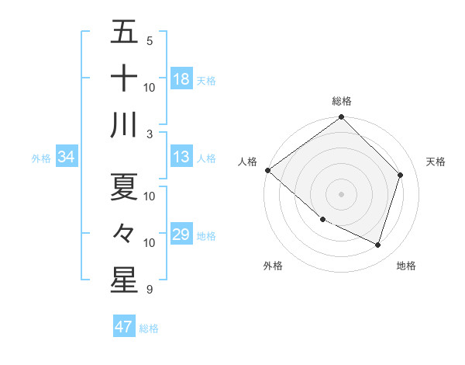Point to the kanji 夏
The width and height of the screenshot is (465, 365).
click(x=125, y=186)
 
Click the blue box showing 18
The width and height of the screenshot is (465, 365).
click(x=181, y=79)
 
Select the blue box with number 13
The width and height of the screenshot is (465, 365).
click(x=181, y=157)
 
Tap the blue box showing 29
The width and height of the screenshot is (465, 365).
click(x=181, y=235)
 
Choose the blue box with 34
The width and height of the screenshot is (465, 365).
click(x=66, y=157)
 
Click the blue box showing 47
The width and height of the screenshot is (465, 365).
click(x=124, y=327)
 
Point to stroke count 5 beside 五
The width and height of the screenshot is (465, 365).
click(x=150, y=40)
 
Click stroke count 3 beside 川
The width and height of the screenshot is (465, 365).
click(x=150, y=133)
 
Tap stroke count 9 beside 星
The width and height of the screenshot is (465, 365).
click(x=150, y=290)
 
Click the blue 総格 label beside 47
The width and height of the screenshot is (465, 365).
click(x=149, y=328)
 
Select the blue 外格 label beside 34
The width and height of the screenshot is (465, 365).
click(x=41, y=158)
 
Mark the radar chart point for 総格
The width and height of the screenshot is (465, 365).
click(x=341, y=118)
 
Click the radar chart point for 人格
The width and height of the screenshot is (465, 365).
click(x=267, y=170)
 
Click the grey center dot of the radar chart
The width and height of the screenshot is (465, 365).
click(x=341, y=193)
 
